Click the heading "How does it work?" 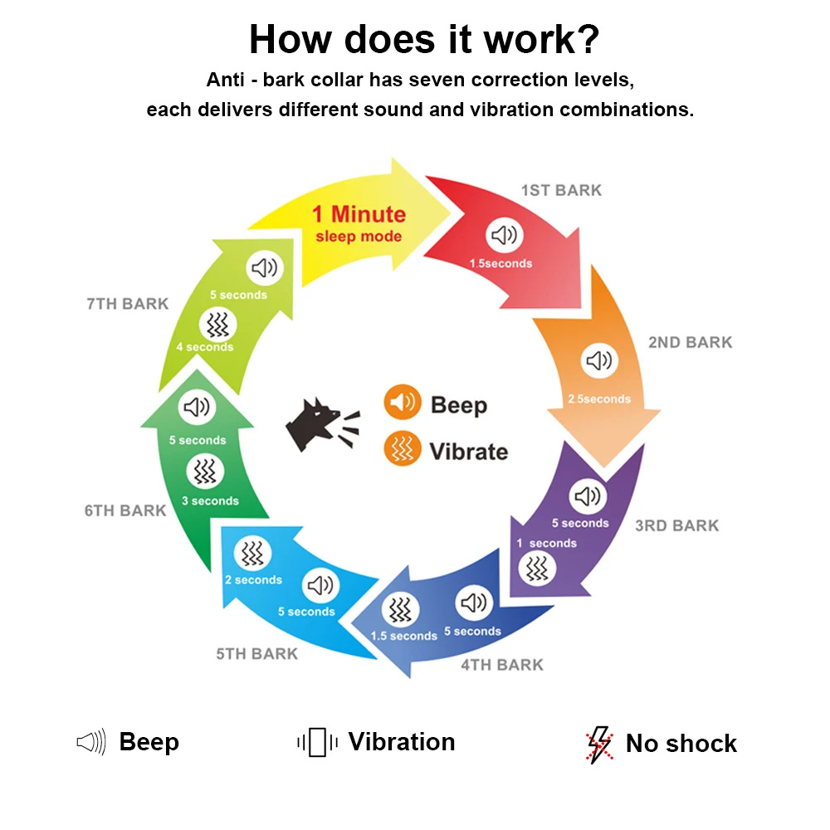pos(424,39)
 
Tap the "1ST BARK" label pos(561,190)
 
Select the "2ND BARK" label pos(690,342)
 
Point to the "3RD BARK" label pos(677,525)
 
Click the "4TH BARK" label pos(502,665)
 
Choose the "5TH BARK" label pos(256,654)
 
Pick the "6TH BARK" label pos(125,510)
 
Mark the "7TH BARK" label pos(127,304)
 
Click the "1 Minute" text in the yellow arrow pos(359,214)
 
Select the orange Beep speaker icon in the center pos(402,403)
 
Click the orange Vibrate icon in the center pos(402,450)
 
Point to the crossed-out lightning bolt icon pos(598,745)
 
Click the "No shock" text pos(681,744)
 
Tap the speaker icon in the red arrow pos(503,236)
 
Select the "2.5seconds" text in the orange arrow pos(599,399)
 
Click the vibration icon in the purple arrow pos(538,569)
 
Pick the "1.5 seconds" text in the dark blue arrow pos(403,636)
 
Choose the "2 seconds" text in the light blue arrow pos(253,580)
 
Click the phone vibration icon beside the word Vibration pos(317,742)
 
